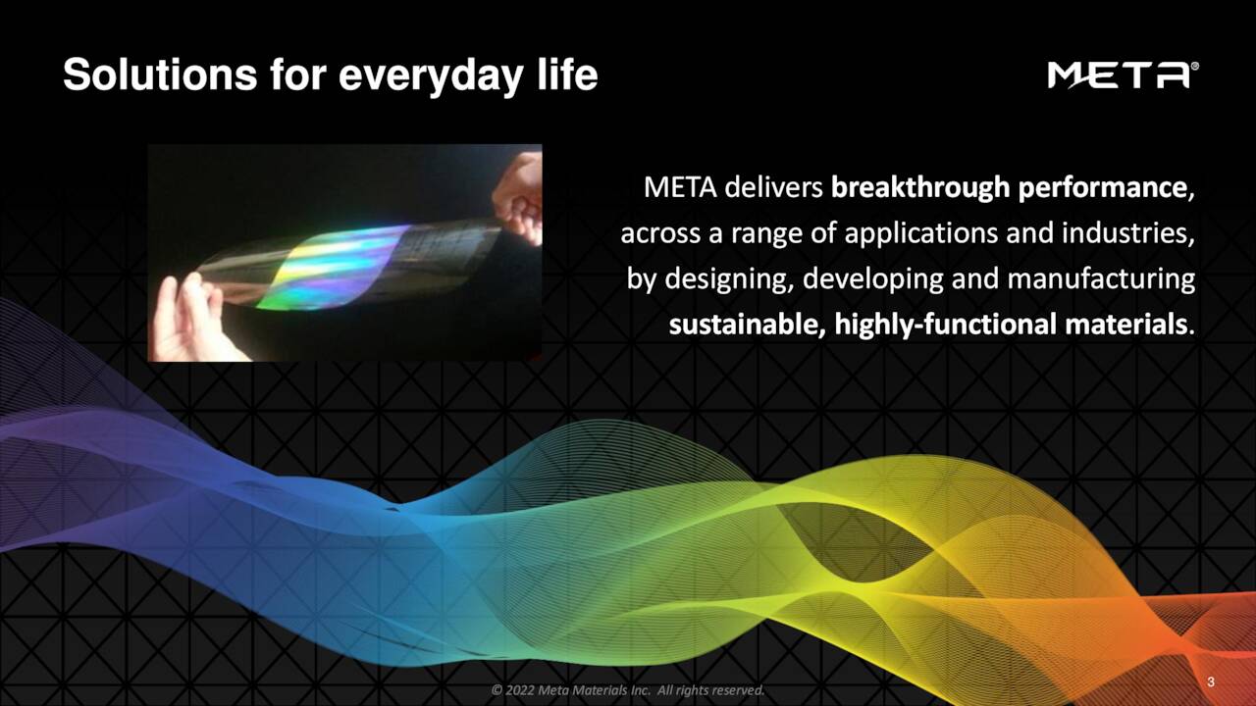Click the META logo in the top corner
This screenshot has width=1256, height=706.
click(1117, 76)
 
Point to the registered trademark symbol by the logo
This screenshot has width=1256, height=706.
click(1194, 67)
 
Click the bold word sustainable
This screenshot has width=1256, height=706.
click(747, 325)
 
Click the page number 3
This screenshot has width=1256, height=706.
click(1211, 681)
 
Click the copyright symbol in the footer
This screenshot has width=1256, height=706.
click(497, 691)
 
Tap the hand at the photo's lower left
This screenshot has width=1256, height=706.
click(191, 319)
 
